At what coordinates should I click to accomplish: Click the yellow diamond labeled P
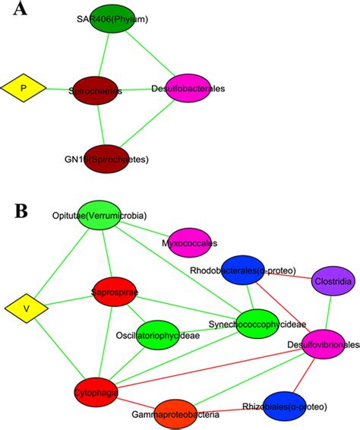coord(23,89)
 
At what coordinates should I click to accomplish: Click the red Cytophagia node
coord(96,390)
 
